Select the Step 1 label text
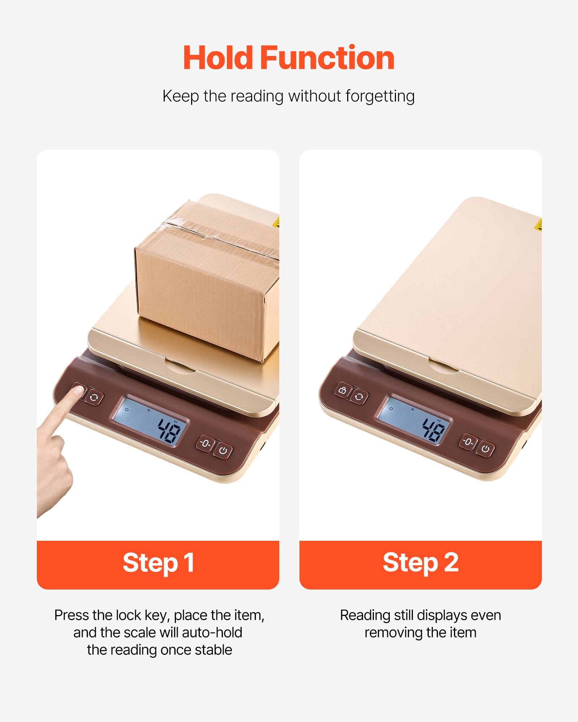coord(158,563)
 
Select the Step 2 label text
coord(420,563)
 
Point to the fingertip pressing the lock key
coord(77,391)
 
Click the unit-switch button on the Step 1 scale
coord(94,398)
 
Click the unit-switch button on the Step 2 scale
coord(359,397)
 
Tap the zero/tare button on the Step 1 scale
coord(206,444)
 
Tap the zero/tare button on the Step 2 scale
coord(468,442)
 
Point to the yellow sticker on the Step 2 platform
coord(538,225)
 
